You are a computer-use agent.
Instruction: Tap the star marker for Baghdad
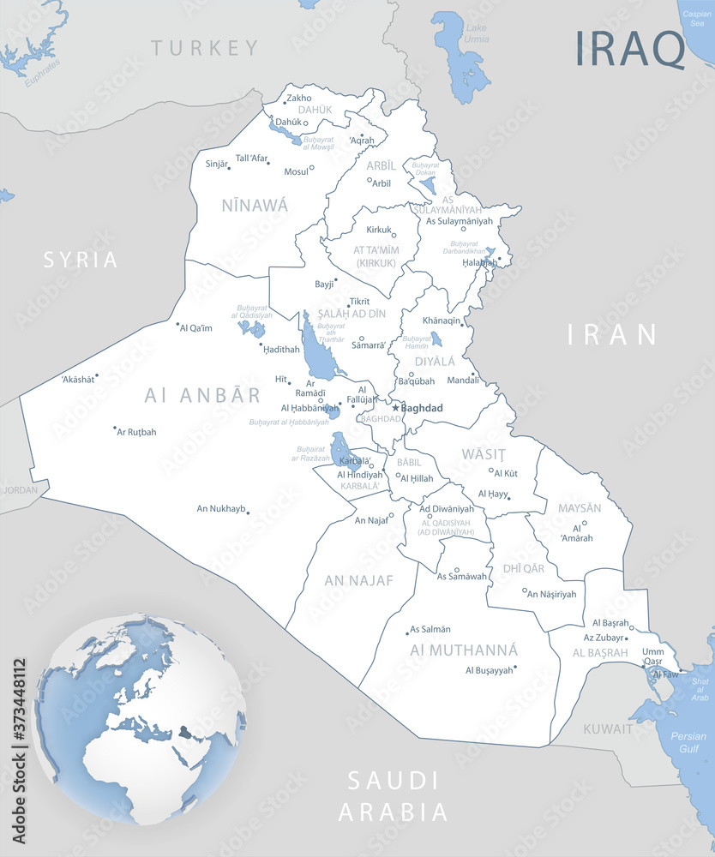pyautogui.click(x=395, y=408)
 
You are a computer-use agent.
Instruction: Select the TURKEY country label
pyautogui.click(x=205, y=48)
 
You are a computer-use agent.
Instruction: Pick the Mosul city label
pyautogui.click(x=296, y=171)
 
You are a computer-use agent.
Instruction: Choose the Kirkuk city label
pyautogui.click(x=378, y=230)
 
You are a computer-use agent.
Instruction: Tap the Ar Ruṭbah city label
pyautogui.click(x=137, y=432)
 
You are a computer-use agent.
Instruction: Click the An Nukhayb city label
pyautogui.click(x=221, y=509)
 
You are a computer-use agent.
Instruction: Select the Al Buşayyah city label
pyautogui.click(x=489, y=670)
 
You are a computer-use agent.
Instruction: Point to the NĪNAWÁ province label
pyautogui.click(x=255, y=205)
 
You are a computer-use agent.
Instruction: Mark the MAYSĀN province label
pyautogui.click(x=580, y=508)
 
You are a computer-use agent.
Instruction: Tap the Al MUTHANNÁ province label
pyautogui.click(x=464, y=650)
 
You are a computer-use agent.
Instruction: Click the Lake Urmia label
pyautogui.click(x=476, y=33)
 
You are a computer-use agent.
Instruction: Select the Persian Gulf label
pyautogui.click(x=688, y=742)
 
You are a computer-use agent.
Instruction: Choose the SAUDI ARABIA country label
pyautogui.click(x=393, y=796)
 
